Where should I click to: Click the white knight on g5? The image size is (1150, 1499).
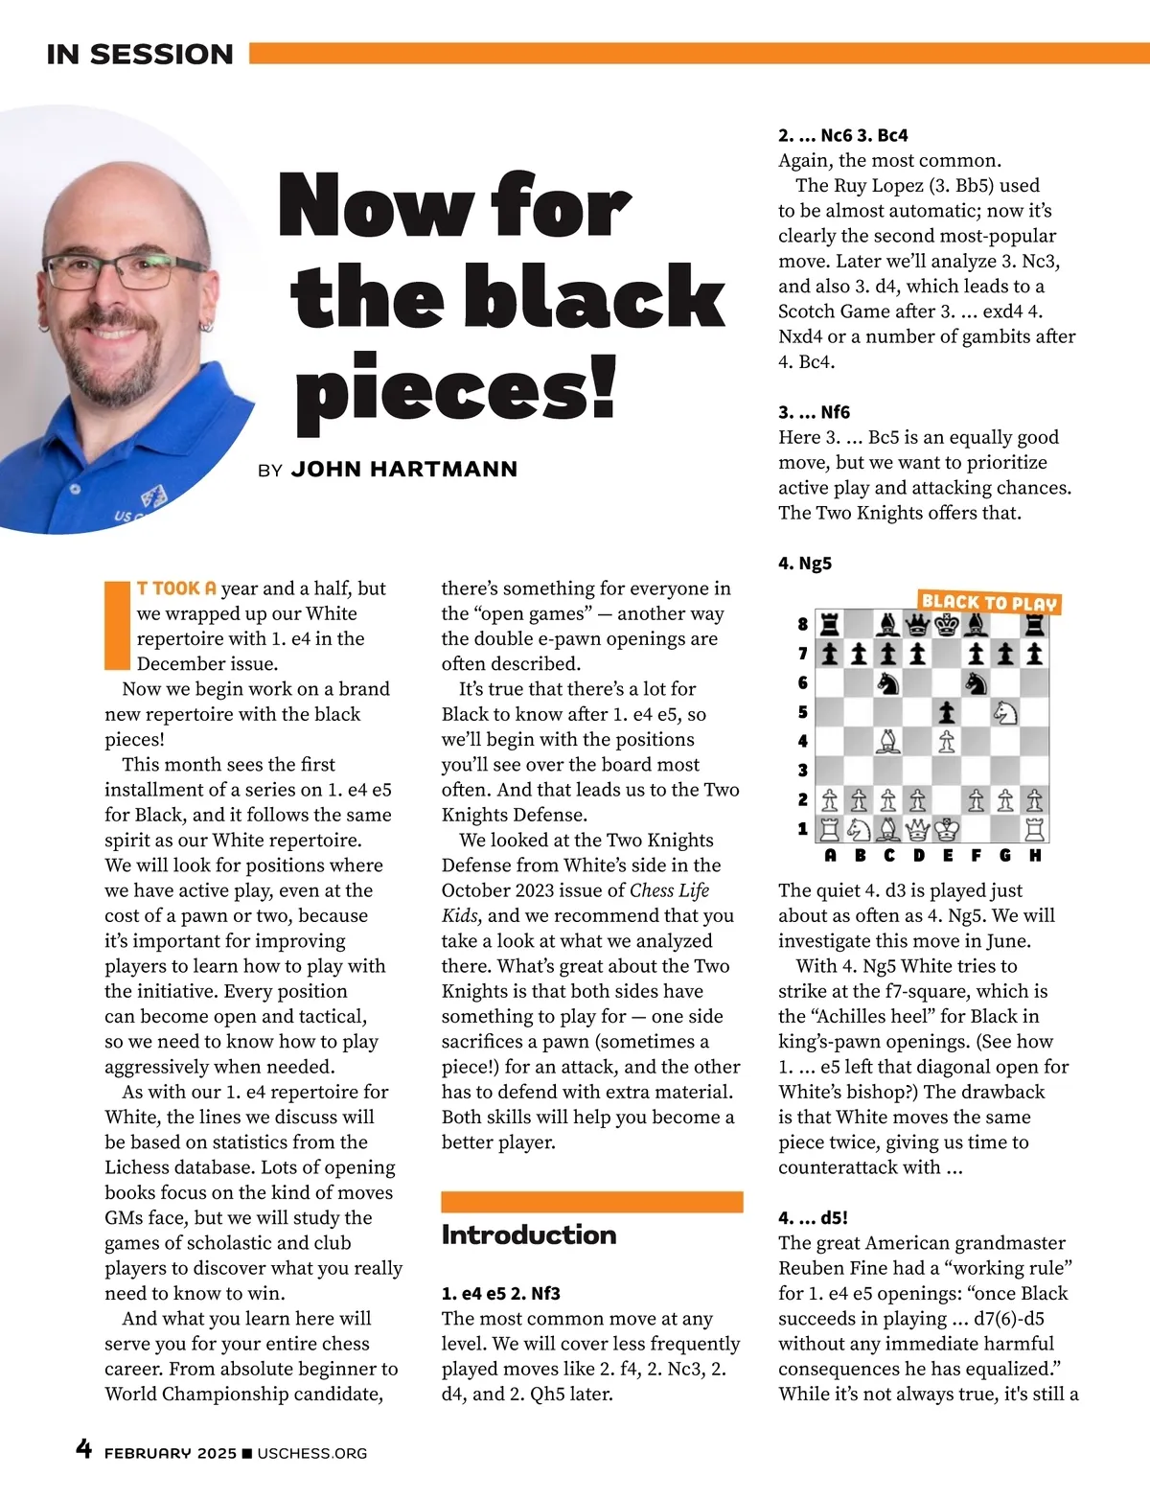[1004, 712]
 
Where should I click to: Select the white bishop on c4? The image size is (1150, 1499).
[888, 741]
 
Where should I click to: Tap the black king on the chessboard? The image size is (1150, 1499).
[947, 625]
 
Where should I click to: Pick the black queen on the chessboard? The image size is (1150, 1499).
[918, 625]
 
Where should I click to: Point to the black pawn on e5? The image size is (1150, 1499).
[947, 712]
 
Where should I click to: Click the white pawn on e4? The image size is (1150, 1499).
[947, 741]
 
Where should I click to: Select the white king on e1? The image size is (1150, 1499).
[947, 828]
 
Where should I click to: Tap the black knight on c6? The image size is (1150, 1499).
[888, 682]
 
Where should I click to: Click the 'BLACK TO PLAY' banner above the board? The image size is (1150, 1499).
[988, 603]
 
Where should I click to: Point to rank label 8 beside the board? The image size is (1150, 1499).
[803, 624]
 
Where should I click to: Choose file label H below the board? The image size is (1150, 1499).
[1035, 855]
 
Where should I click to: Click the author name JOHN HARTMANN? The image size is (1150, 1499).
[403, 470]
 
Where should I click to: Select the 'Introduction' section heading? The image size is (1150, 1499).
[528, 1234]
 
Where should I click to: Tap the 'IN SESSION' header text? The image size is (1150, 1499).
[140, 55]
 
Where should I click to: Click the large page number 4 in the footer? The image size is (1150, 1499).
[84, 1448]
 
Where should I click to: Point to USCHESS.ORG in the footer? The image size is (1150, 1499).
[311, 1453]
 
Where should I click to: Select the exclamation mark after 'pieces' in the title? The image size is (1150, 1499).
[603, 388]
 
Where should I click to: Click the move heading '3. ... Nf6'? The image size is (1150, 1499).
[814, 412]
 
